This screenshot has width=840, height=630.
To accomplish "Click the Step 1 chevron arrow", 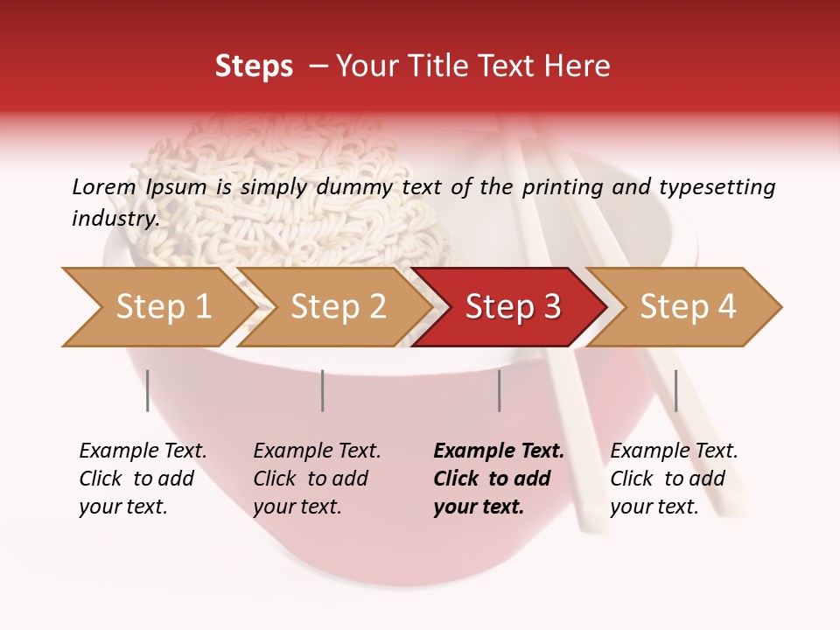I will tap(157, 307).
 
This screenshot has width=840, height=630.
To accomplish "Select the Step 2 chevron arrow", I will tap(337, 307).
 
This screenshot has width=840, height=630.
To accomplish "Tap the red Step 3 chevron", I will tap(512, 307).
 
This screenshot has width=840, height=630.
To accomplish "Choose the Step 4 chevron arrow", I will tap(687, 307).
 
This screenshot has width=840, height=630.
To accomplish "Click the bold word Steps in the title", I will tap(254, 66).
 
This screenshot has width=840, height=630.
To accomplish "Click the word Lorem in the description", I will tap(103, 186).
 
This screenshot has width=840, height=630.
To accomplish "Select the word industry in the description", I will tap(115, 218).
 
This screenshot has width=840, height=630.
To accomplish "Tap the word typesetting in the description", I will tap(717, 186).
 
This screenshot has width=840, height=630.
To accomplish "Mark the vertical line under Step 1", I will tap(148, 390).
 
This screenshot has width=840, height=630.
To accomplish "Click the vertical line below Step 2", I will tap(323, 390).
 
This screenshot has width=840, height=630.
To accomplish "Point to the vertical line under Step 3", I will tap(499, 390).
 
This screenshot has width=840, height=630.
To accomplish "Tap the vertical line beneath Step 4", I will tap(675, 390).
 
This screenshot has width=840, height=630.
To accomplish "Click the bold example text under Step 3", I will tap(498, 479).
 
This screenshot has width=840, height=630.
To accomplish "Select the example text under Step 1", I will tap(143, 479).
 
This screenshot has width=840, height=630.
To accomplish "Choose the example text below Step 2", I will tap(317, 479).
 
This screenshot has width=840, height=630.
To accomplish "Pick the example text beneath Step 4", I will tap(674, 479).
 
